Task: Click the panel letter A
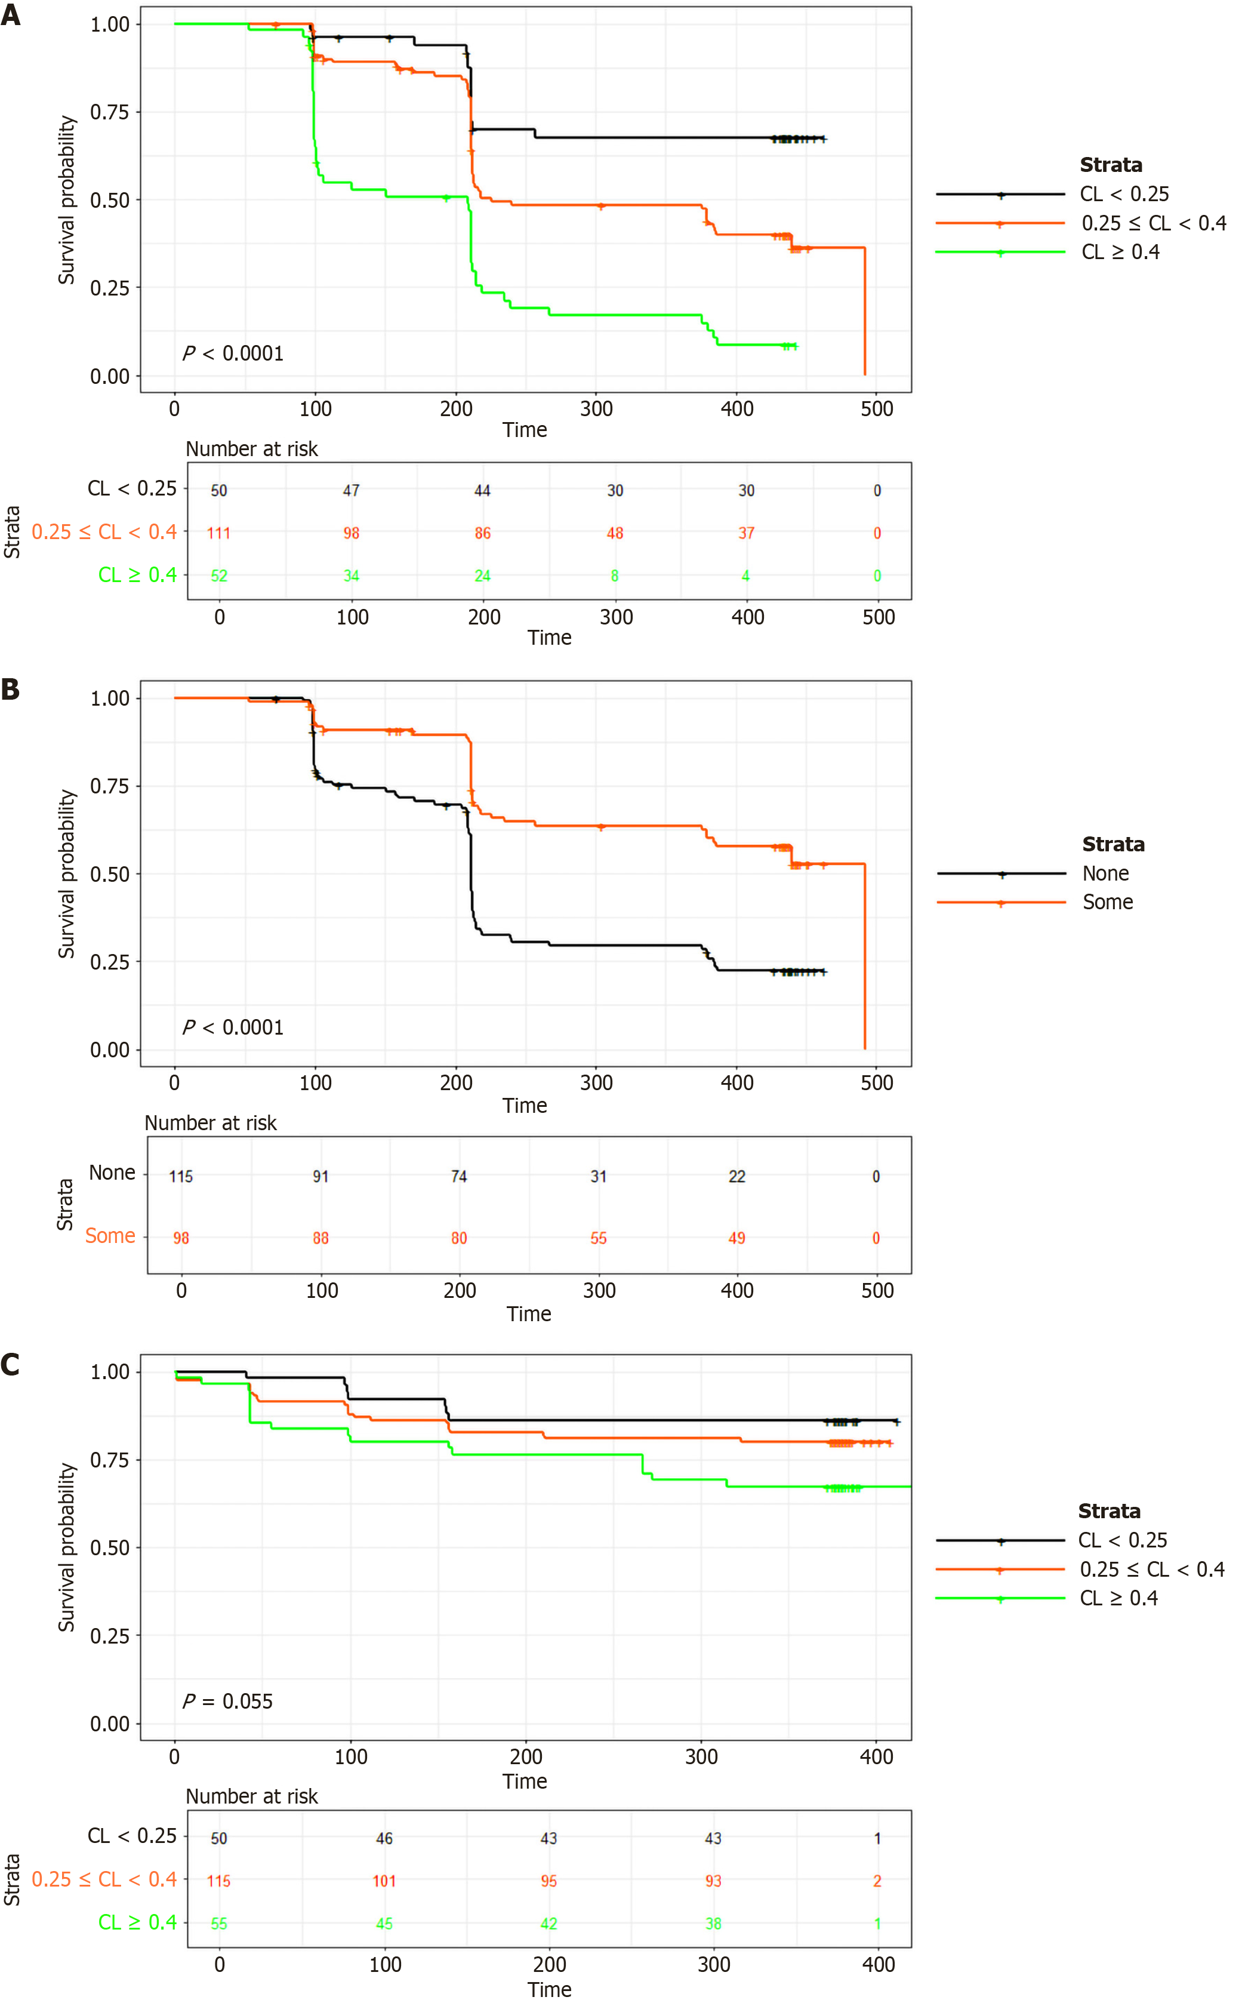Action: point(11,16)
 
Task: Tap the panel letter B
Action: point(11,688)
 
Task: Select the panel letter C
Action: point(11,1364)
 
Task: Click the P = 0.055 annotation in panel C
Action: point(227,1701)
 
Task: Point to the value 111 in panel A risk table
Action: point(218,533)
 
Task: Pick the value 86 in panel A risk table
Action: point(482,533)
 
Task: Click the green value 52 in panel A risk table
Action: point(218,576)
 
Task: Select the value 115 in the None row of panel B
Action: point(181,1177)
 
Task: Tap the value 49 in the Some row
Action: point(737,1238)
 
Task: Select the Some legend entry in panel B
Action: point(1107,902)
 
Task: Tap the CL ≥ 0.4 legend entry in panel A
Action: point(1120,253)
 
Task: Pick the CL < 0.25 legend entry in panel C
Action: point(1122,1541)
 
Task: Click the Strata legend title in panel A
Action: point(1111,165)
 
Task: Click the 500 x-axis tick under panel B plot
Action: point(877,1083)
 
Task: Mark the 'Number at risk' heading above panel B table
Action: point(210,1123)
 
